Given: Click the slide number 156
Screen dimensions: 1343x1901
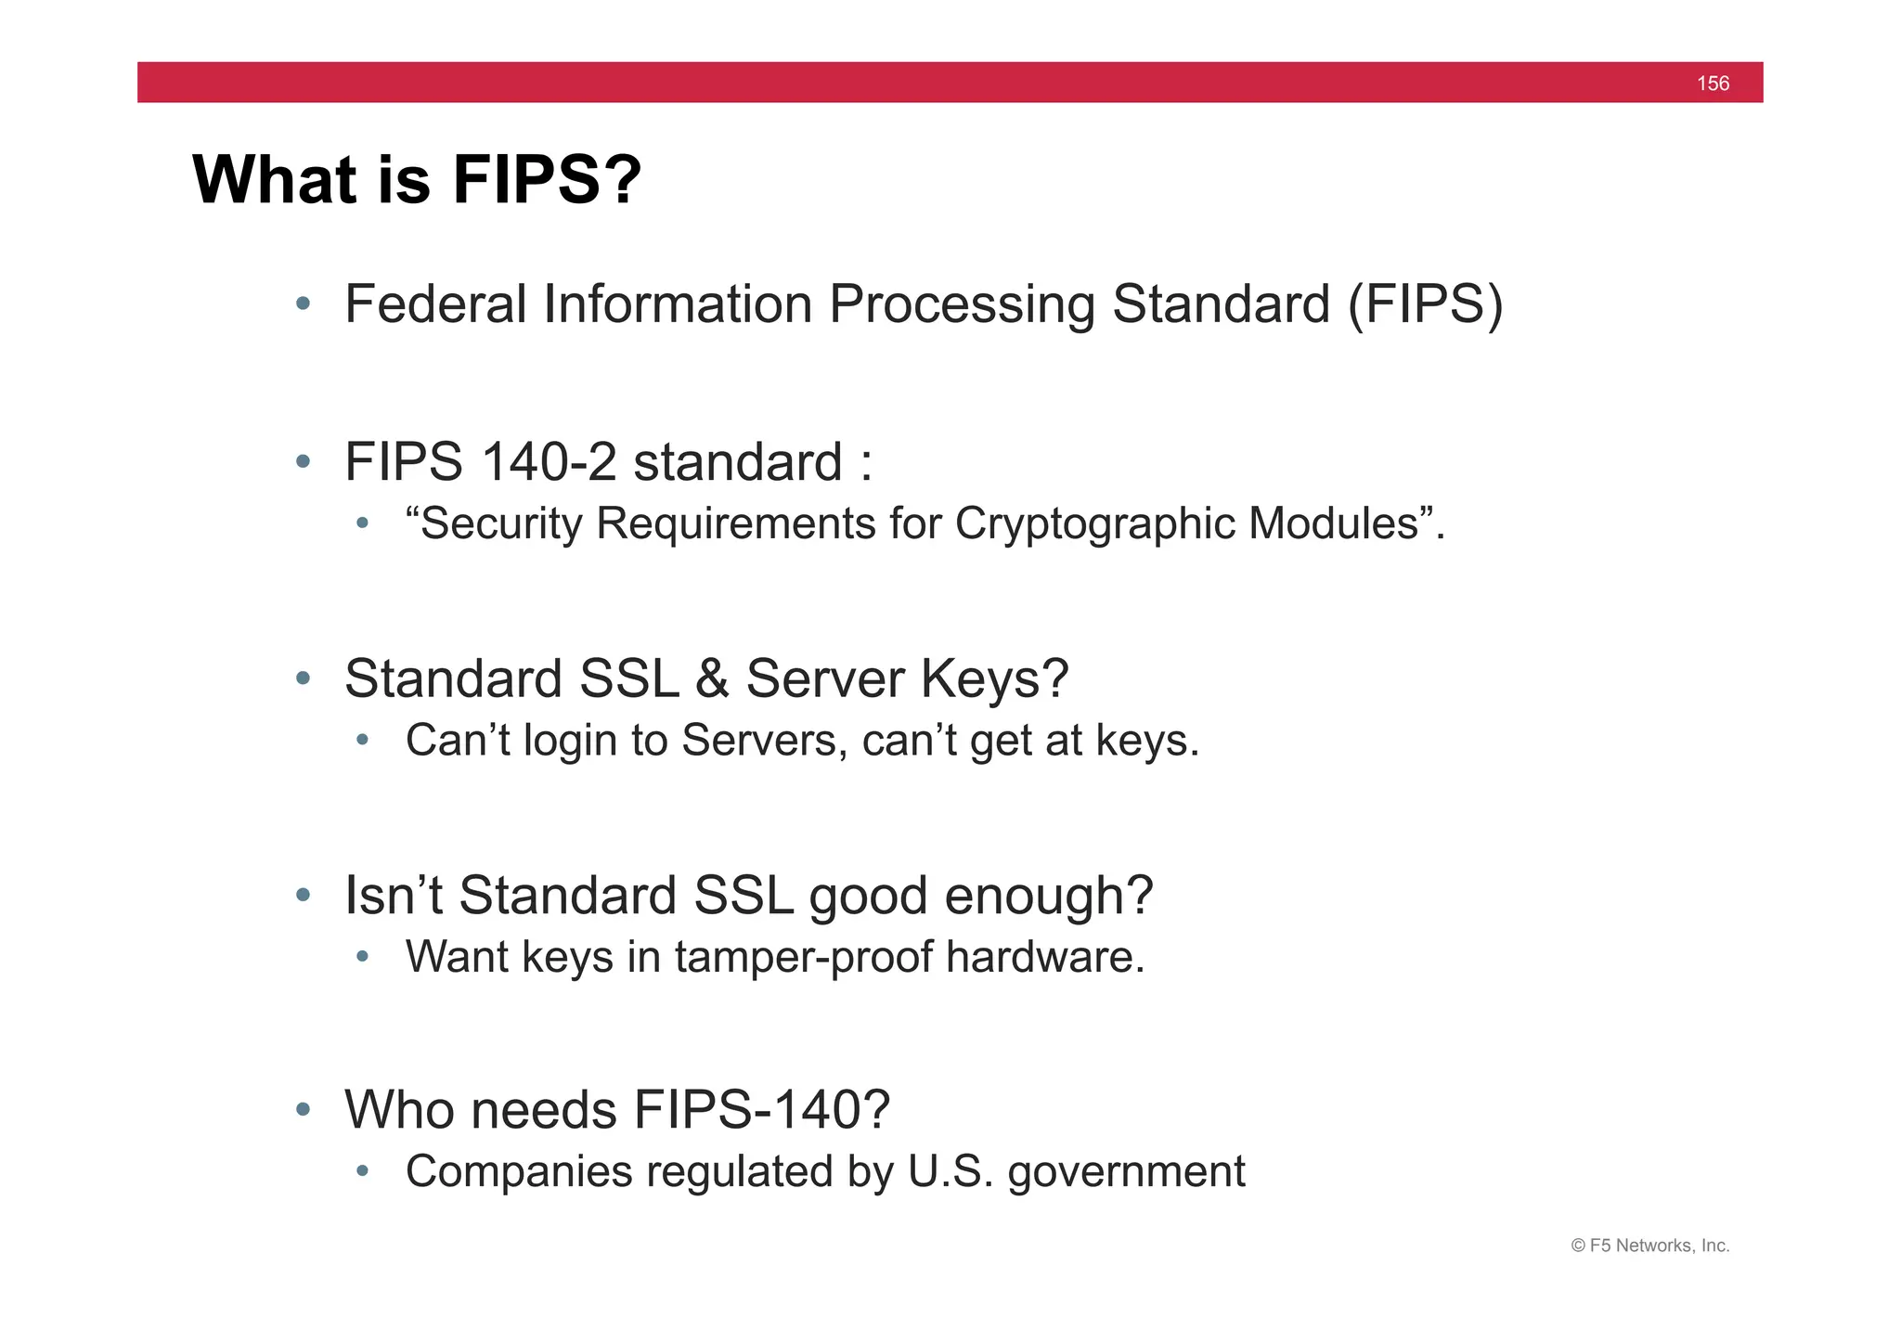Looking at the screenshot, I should pos(1713,84).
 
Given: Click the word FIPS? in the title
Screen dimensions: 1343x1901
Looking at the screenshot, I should pos(547,179).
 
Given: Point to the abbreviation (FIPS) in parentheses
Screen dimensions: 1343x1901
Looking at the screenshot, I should pos(1425,304).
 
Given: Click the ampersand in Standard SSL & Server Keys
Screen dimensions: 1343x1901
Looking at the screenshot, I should pos(711,678).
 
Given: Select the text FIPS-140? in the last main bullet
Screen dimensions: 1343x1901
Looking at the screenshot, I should pos(761,1109).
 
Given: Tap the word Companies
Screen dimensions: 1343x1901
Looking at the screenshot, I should pos(519,1171).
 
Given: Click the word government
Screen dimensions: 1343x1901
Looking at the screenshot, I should pos(1126,1172).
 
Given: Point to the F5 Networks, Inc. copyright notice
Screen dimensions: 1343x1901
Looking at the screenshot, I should pos(1649,1246).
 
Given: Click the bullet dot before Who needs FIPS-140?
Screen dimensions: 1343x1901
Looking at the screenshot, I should pos(303,1109).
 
